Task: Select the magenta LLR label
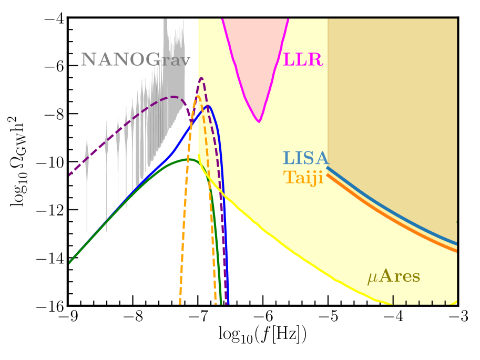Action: coord(303,59)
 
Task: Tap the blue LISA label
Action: coord(305,158)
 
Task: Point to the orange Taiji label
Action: coord(303,177)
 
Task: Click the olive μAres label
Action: coord(394,277)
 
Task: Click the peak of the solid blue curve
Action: coord(208,106)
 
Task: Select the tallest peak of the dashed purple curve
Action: coord(201,79)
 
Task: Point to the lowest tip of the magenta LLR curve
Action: coord(259,121)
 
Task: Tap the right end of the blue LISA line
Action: coord(456,243)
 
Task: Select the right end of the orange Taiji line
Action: coord(456,250)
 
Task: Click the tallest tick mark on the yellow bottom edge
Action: coord(393,299)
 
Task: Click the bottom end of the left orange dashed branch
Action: coord(180,303)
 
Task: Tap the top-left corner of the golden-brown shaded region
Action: coord(328,19)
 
